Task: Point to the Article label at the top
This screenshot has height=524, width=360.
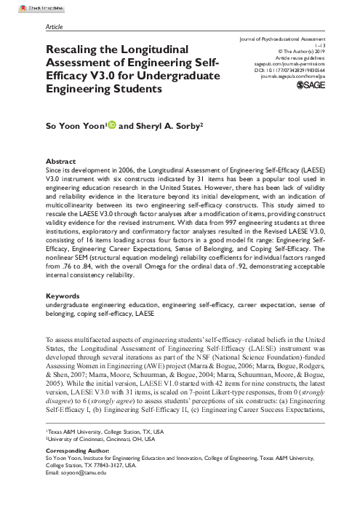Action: (54, 24)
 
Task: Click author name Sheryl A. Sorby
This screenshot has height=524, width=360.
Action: (151, 126)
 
